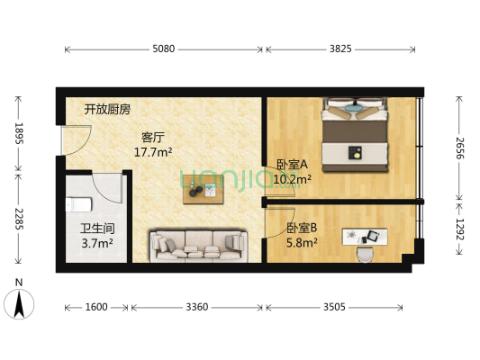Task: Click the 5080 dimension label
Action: tap(164, 49)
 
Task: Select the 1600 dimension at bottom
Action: tap(96, 307)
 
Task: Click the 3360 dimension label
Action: tap(196, 307)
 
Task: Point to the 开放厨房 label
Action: tap(107, 110)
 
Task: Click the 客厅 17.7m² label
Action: tap(153, 145)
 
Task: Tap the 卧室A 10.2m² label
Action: tap(293, 172)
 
